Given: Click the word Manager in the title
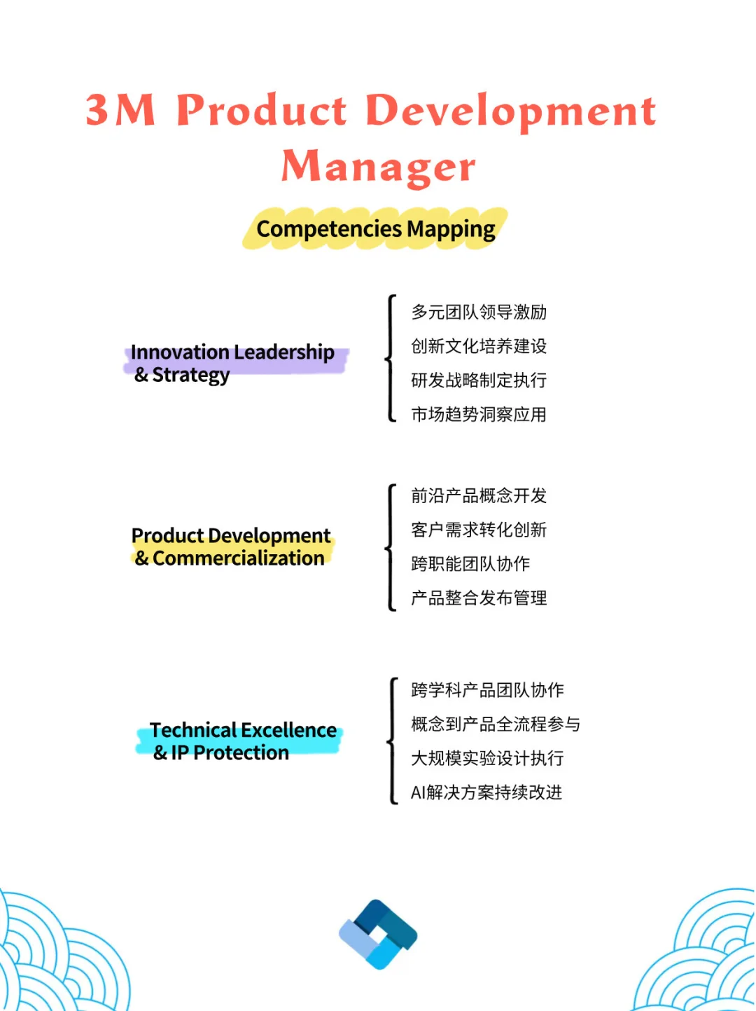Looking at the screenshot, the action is click(x=378, y=167).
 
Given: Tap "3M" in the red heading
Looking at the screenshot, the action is click(x=120, y=111).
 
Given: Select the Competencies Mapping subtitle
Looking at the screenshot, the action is click(x=376, y=229).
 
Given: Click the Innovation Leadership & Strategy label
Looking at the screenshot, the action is click(x=232, y=363).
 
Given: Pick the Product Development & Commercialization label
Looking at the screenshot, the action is click(x=231, y=546).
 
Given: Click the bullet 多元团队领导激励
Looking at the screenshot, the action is click(x=479, y=312).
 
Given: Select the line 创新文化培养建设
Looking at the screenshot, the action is click(x=479, y=346).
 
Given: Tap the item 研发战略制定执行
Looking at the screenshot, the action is click(x=479, y=380).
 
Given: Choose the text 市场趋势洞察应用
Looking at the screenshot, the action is click(x=479, y=415).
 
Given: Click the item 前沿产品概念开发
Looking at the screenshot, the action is click(x=479, y=496).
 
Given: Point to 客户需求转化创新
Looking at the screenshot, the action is click(x=479, y=530).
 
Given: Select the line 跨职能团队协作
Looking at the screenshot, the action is click(x=470, y=564).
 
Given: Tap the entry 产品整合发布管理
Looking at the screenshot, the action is click(x=479, y=598).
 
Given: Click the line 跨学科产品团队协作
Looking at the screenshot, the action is click(x=487, y=690).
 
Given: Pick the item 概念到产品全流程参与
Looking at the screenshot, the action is click(x=496, y=724).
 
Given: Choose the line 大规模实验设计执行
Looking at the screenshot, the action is click(x=487, y=758).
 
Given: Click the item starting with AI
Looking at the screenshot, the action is click(x=486, y=792).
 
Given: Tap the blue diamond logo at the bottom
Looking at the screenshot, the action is click(x=378, y=934).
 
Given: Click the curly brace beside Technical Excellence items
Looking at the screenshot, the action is click(x=392, y=741).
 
